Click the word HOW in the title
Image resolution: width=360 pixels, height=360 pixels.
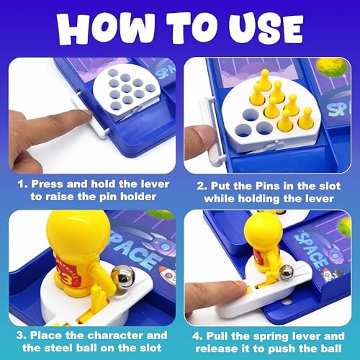point(106,28)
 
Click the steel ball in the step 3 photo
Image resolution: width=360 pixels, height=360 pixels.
point(123,276)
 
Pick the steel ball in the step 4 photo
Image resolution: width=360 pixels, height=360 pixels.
point(287,272)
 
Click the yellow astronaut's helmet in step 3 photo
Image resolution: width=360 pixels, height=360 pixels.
point(78,231)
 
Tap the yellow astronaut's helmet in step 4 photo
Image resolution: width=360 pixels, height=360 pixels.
point(263,231)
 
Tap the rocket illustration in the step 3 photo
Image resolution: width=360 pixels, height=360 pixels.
point(168,276)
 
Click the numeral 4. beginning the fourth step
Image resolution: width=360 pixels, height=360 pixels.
point(198,336)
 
